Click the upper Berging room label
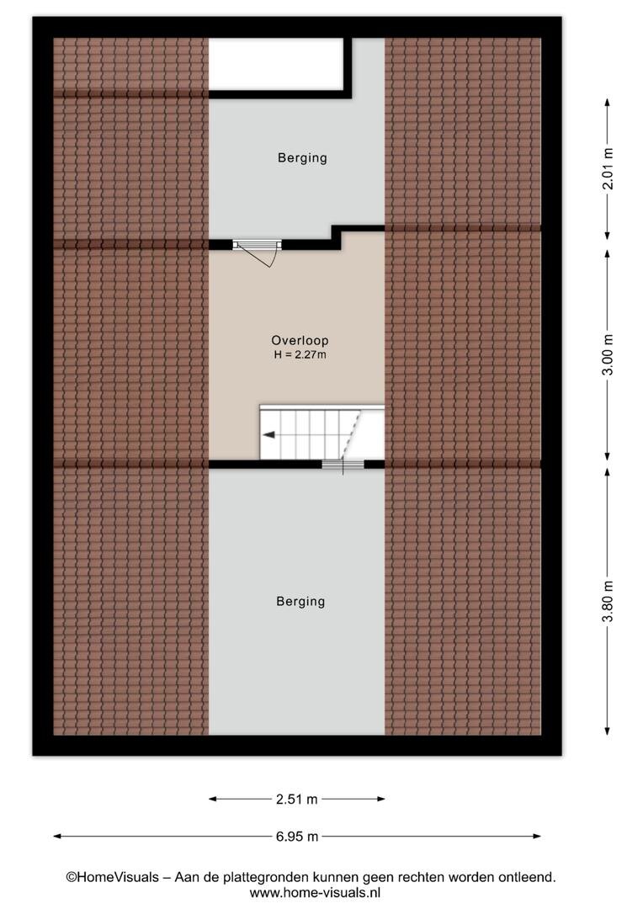point(302,158)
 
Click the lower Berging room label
point(300,602)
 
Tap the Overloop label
point(300,341)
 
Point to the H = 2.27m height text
point(300,355)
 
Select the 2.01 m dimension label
point(608,168)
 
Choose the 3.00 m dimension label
point(608,355)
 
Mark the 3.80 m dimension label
point(608,601)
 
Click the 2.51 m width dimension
point(296,800)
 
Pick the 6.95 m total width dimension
point(296,837)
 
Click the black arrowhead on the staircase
point(268,435)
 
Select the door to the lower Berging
point(343,465)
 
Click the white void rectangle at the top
point(276,64)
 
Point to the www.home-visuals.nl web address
point(315,893)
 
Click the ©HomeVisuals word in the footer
point(112,878)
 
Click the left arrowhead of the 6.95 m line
point(57,837)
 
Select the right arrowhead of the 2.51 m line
point(381,800)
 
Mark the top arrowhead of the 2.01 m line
point(608,102)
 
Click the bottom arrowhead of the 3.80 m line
point(608,731)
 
